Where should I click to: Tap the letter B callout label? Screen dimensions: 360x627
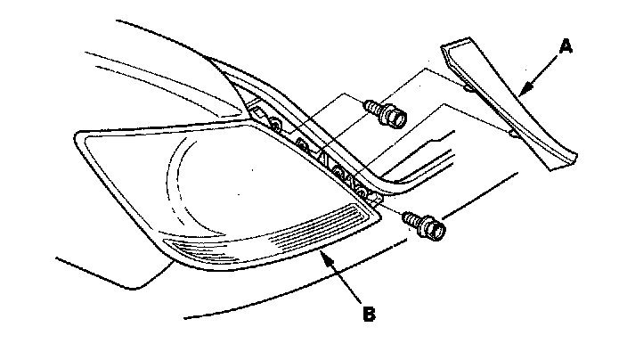tap(368, 313)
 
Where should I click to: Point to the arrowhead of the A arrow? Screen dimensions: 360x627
tap(520, 92)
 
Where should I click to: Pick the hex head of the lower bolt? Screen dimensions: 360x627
tap(435, 230)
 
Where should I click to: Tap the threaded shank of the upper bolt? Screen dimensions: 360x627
tap(373, 109)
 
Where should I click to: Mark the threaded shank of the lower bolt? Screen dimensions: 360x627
tap(411, 218)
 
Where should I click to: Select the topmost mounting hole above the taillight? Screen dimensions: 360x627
tap(274, 121)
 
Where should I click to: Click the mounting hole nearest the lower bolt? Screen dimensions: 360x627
tap(360, 189)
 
